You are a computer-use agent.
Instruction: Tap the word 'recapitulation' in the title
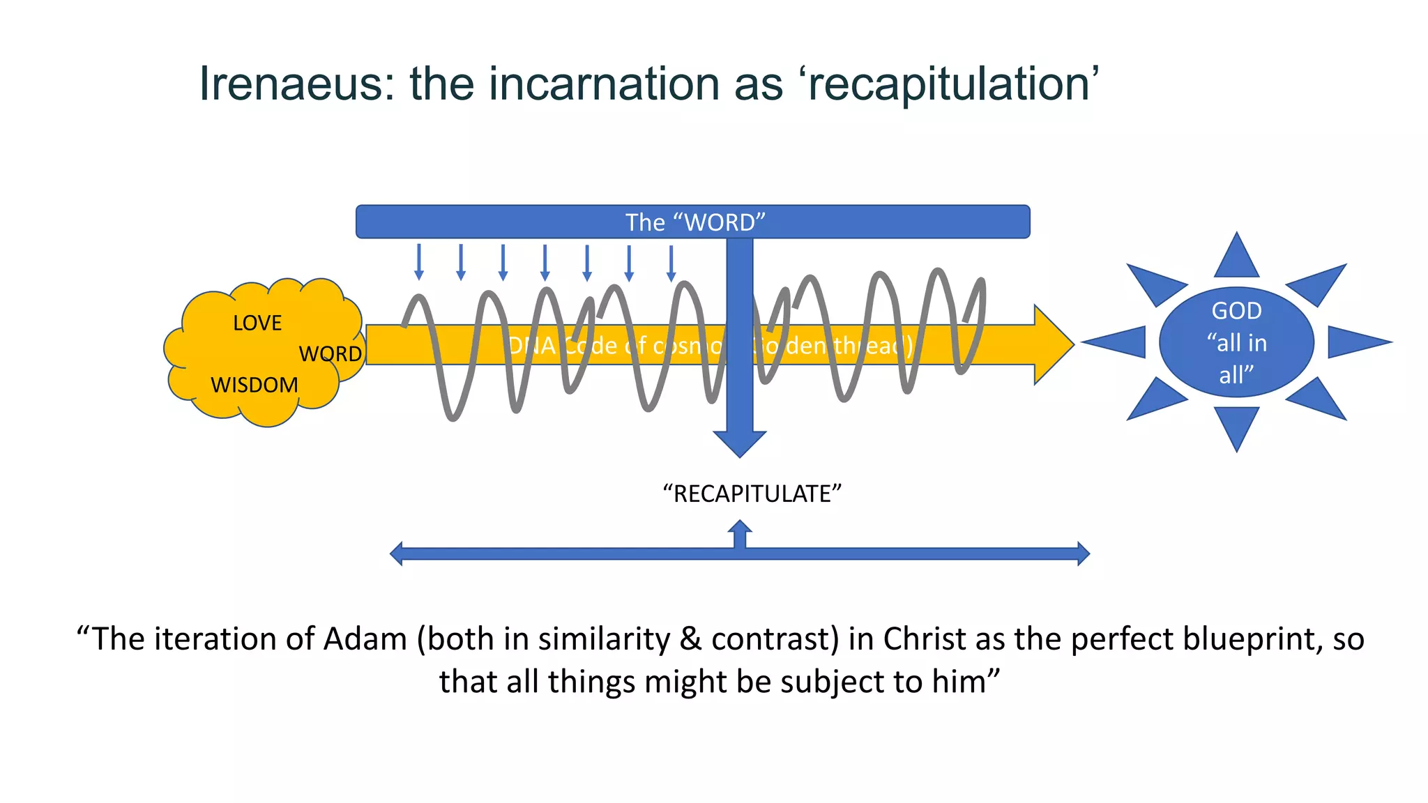pyautogui.click(x=952, y=84)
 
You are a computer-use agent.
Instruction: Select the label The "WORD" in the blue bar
pyautogui.click(x=694, y=222)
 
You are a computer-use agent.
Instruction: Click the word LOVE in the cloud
pyautogui.click(x=257, y=323)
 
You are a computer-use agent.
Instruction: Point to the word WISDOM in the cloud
pyautogui.click(x=254, y=385)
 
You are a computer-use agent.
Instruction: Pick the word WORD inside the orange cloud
pyautogui.click(x=331, y=354)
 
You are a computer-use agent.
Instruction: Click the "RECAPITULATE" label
pyautogui.click(x=752, y=494)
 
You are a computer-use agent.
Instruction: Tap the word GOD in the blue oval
pyautogui.click(x=1236, y=311)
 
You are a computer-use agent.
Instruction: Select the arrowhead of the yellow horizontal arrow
pyautogui.click(x=1053, y=344)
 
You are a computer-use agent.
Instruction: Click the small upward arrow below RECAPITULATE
pyautogui.click(x=740, y=530)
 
